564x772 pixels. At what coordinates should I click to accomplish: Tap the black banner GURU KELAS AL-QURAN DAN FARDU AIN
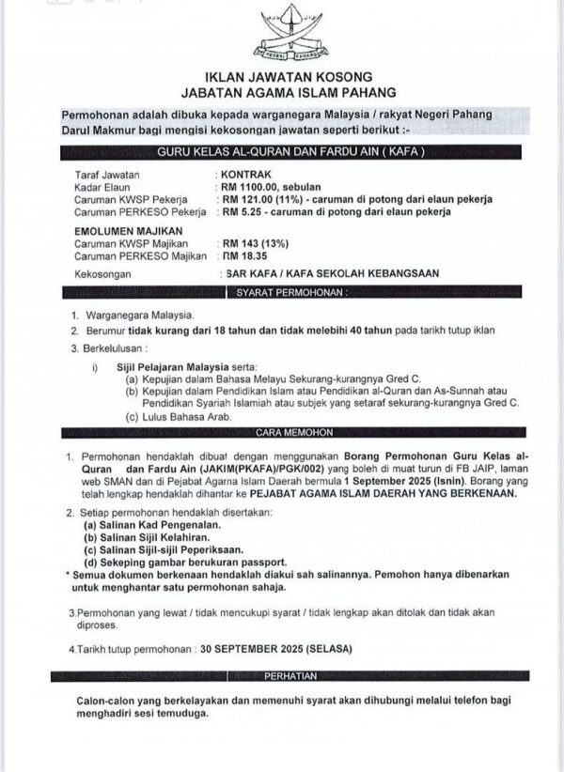point(290,152)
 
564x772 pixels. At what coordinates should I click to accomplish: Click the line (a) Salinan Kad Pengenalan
point(145,525)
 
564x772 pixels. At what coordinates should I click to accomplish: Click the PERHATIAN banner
point(290,675)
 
